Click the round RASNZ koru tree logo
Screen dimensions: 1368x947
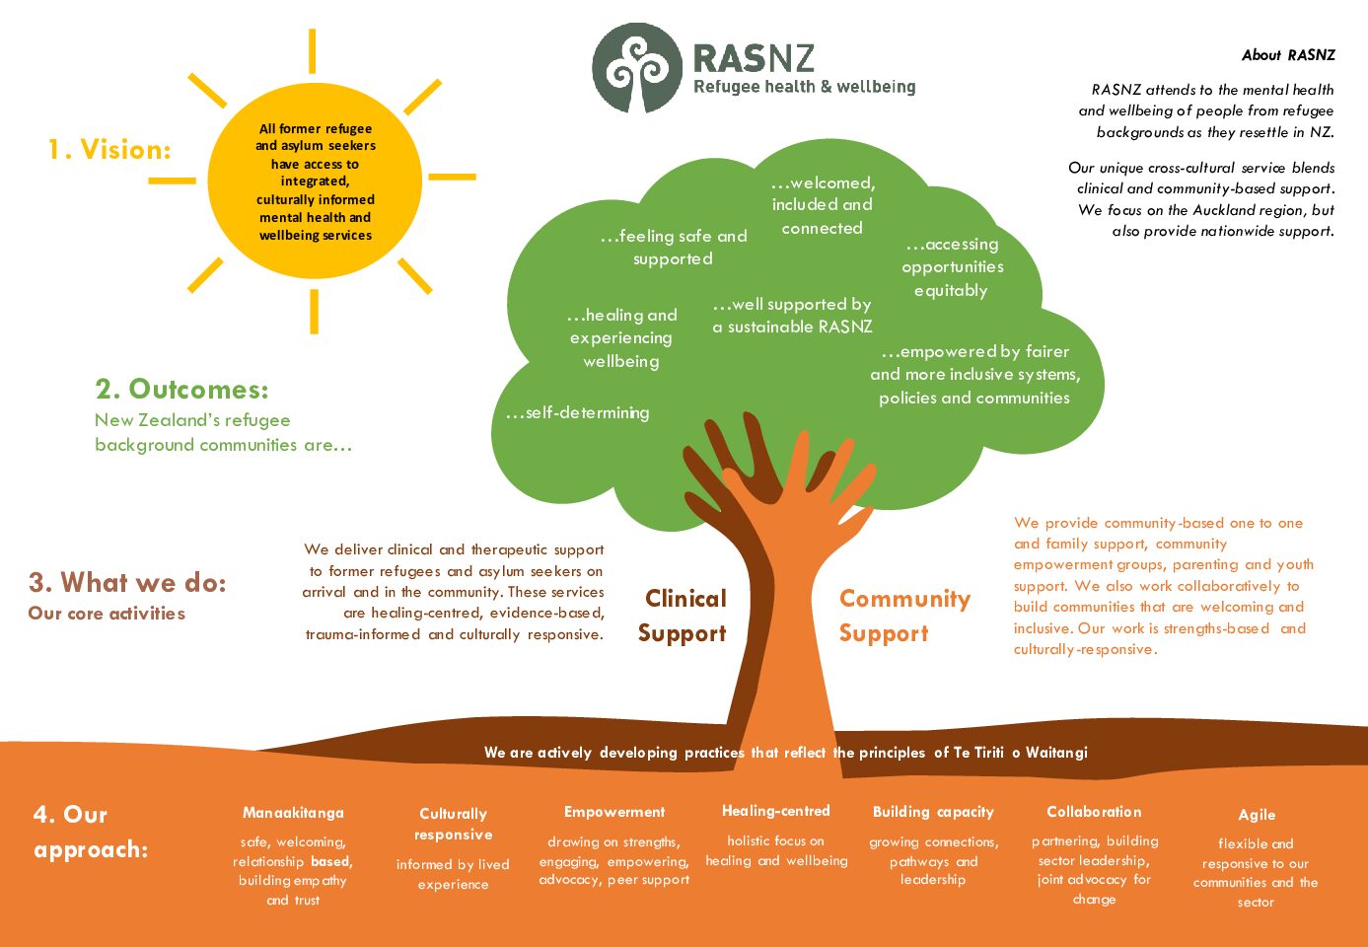[x=637, y=68]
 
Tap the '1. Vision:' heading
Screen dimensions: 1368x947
[x=109, y=150]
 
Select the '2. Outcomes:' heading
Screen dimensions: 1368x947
[x=182, y=390]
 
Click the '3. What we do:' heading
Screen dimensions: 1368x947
[x=127, y=582]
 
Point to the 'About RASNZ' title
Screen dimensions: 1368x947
[x=1288, y=55]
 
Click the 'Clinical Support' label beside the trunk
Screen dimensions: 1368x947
[x=683, y=616]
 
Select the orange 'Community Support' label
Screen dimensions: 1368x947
[x=904, y=616]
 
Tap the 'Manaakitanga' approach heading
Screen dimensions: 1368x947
[x=293, y=813]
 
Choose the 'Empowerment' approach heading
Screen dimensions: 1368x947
[x=614, y=812]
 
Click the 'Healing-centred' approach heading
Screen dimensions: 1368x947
[x=775, y=811]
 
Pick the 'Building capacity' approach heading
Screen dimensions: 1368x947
[x=933, y=812]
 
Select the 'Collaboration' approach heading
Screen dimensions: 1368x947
[x=1094, y=812]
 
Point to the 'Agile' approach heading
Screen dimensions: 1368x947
[x=1257, y=815]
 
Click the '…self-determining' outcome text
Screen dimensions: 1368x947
[x=578, y=413]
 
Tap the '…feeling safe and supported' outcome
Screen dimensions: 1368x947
[x=674, y=248]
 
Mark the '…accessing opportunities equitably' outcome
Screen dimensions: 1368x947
[x=952, y=267]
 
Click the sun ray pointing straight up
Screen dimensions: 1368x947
[x=312, y=50]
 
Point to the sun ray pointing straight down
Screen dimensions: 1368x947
[x=314, y=312]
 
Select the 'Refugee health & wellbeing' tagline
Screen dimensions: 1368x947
[x=804, y=87]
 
